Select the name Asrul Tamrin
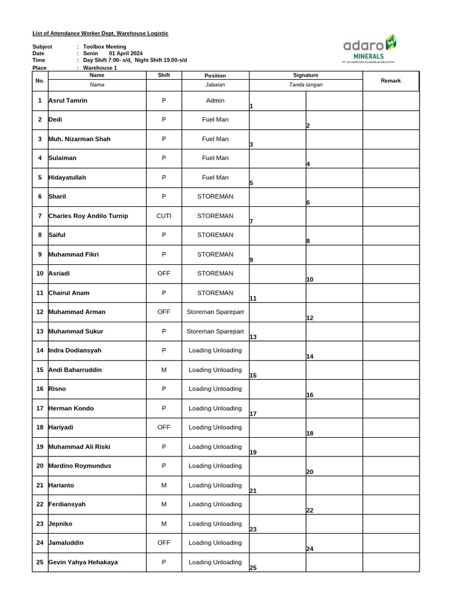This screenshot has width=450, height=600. [68, 101]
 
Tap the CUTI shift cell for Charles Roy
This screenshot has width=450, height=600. [163, 216]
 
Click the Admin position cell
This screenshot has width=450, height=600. [215, 101]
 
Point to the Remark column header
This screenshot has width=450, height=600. [390, 81]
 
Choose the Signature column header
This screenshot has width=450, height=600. [305, 76]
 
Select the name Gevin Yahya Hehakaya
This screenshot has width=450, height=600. [83, 562]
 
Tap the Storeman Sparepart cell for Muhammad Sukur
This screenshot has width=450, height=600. [215, 332]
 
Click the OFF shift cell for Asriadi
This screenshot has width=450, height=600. [163, 274]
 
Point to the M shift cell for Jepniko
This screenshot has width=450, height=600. [163, 524]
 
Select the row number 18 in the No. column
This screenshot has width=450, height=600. [40, 428]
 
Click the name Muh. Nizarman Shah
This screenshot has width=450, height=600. [80, 139]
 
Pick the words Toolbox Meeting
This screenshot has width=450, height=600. [105, 47]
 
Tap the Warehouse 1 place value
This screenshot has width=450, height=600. [100, 68]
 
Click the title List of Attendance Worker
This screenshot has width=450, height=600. [100, 33]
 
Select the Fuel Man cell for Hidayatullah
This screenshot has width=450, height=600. [215, 178]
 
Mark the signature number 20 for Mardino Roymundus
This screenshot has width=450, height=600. [310, 472]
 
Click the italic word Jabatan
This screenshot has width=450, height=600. [215, 85]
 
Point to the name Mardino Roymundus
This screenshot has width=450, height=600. [80, 466]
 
